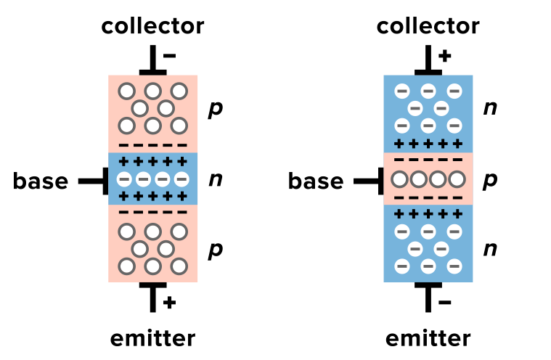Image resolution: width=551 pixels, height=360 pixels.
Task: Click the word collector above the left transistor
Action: (x=152, y=26)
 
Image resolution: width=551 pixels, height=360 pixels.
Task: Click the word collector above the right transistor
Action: (x=428, y=26)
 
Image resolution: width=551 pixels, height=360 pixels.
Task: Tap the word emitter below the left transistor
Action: (x=152, y=338)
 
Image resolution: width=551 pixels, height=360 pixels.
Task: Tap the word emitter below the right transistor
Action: (x=428, y=338)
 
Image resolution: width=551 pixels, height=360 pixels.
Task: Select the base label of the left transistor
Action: (x=40, y=181)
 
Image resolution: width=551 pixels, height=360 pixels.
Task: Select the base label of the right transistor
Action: (x=316, y=181)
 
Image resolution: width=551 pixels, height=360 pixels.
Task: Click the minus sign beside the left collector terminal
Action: (x=169, y=55)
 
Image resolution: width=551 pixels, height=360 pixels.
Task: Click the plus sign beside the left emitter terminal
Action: (x=169, y=302)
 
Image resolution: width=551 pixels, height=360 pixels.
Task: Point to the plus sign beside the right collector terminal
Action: (x=444, y=55)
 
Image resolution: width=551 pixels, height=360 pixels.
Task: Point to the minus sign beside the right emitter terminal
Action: (x=444, y=302)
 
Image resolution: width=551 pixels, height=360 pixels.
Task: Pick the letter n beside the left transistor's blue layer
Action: (x=215, y=179)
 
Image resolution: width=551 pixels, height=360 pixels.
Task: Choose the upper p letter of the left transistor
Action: (x=215, y=110)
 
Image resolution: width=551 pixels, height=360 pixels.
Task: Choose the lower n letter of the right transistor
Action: (x=490, y=249)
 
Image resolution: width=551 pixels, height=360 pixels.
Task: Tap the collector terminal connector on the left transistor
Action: (x=152, y=62)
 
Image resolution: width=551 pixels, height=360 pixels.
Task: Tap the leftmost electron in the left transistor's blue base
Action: (x=125, y=179)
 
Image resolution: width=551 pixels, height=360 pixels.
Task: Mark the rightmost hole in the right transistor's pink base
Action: (x=456, y=179)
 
